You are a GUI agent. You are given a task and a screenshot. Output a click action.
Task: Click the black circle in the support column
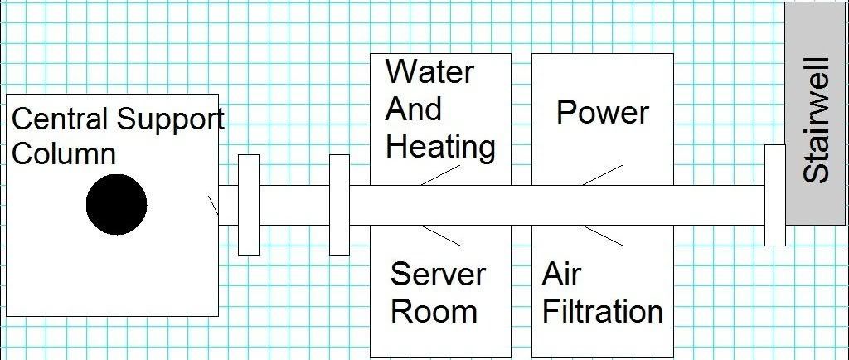coord(117,205)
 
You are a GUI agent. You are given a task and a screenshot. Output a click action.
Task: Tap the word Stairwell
coord(816,119)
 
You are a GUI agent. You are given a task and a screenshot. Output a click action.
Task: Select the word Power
coord(602,112)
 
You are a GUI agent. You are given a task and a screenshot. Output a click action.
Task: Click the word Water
coord(429,72)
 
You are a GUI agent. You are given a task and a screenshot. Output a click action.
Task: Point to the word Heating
coord(440,147)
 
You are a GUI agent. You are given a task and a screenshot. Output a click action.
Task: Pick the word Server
coord(438,274)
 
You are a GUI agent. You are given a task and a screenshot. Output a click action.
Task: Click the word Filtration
coord(602,312)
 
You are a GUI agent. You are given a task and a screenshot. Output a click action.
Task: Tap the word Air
coord(561,274)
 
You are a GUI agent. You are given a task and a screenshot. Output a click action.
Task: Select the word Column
coord(64,154)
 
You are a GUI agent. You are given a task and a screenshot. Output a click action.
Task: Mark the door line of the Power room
coord(602,174)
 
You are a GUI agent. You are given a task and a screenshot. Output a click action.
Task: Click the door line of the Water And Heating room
coord(440,174)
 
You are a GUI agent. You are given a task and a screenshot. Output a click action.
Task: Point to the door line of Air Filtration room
coord(603,235)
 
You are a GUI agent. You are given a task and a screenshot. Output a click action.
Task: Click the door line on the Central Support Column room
coord(213,204)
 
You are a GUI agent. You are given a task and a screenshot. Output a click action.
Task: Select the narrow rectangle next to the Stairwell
coord(774,195)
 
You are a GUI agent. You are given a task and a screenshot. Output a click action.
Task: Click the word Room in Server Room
coord(434,312)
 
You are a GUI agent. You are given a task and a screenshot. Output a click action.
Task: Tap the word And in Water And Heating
coord(414,109)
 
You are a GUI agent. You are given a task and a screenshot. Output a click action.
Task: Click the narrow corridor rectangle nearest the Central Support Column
coord(248,205)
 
